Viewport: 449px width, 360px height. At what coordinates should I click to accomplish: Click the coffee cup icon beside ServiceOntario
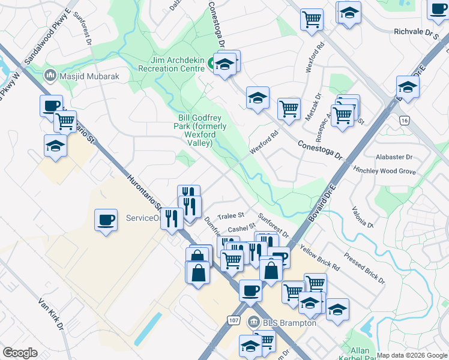[106, 218]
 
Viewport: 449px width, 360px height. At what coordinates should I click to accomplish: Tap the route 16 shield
[406, 121]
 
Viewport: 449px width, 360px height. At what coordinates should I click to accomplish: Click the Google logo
[20, 352]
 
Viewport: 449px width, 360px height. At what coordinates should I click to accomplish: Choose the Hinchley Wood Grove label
[384, 171]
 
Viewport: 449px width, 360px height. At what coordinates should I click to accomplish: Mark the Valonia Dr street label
[363, 217]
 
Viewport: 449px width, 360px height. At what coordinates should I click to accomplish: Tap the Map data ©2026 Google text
[412, 355]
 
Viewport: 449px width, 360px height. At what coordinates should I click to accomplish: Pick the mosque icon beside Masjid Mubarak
[50, 76]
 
